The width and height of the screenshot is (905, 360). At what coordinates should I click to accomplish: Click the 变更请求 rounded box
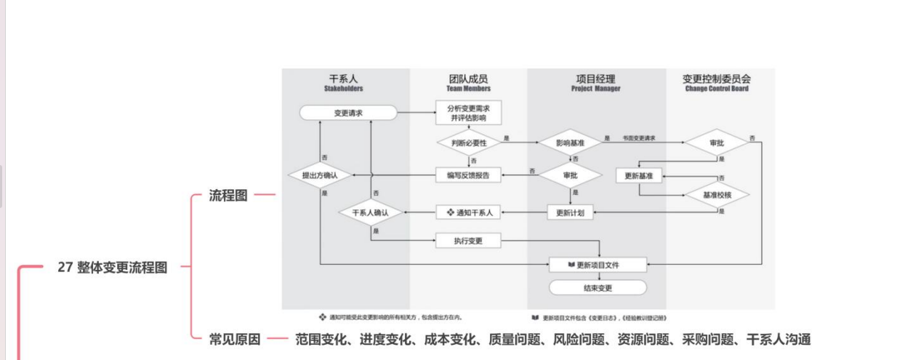click(x=348, y=113)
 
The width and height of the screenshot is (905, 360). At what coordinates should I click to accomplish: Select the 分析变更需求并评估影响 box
click(x=469, y=113)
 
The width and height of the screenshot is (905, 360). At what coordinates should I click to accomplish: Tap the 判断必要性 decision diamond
click(x=469, y=143)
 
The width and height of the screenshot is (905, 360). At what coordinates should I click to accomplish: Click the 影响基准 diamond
click(x=571, y=143)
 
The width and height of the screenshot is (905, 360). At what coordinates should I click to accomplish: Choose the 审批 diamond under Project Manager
click(x=571, y=175)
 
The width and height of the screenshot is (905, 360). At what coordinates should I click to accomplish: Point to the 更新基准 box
click(x=639, y=175)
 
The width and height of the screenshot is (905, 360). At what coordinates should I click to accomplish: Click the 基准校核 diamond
click(x=716, y=195)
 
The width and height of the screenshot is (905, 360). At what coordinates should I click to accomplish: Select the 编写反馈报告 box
click(x=469, y=175)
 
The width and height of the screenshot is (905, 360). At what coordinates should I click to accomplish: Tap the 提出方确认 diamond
click(x=319, y=175)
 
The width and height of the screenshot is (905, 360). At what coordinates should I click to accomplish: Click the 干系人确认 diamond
click(x=371, y=212)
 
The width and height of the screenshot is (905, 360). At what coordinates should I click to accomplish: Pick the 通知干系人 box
click(x=469, y=212)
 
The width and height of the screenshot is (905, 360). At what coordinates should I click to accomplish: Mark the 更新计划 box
click(x=571, y=212)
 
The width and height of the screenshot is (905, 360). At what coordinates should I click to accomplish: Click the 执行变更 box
click(x=469, y=241)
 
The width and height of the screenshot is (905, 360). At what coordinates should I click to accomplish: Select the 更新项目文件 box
click(x=598, y=264)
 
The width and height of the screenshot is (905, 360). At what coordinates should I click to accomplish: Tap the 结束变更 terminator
click(x=598, y=288)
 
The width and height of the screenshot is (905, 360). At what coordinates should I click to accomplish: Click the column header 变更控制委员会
click(x=716, y=79)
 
